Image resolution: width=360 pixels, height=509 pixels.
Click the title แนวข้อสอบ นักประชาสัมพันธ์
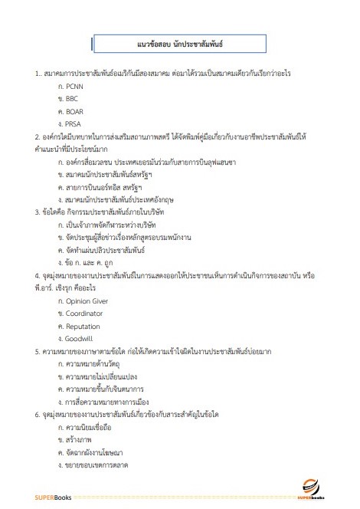pyautogui.click(x=179, y=44)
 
